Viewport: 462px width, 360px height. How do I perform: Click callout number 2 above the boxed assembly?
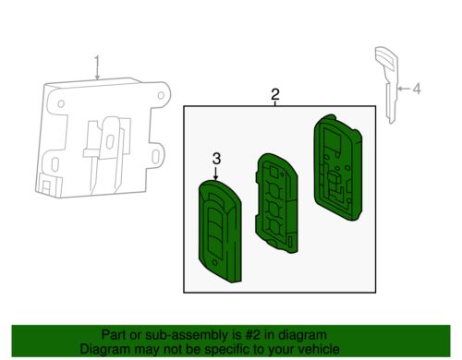point(275,94)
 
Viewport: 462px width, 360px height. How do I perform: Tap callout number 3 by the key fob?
point(216,159)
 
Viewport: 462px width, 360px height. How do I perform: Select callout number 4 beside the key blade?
point(417,89)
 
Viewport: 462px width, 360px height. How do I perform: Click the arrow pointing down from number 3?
point(216,174)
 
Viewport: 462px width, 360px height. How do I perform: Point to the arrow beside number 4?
point(404,89)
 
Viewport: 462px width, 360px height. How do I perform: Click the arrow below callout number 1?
point(97,74)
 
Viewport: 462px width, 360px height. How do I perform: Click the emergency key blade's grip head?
point(386,61)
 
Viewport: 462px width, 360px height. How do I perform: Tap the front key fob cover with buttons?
point(220,232)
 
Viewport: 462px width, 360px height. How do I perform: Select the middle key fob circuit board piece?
point(276,203)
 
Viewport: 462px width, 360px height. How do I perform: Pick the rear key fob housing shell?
point(338,168)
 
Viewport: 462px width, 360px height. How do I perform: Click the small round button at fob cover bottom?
point(214,262)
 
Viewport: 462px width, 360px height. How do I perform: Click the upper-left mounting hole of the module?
point(61,103)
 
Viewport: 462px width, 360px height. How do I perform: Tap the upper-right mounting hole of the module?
point(161,95)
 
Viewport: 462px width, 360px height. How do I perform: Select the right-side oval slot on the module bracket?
point(155,156)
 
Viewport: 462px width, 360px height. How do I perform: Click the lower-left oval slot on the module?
point(55,164)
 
